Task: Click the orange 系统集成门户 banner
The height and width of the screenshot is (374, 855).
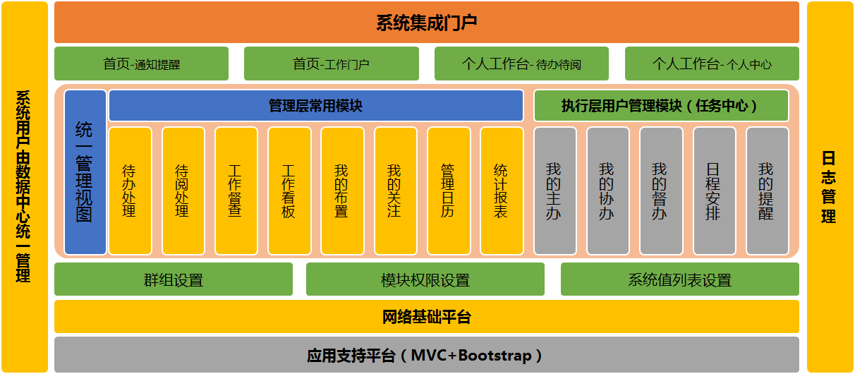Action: click(x=426, y=22)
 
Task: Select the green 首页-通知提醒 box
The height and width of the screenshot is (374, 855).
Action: click(x=141, y=64)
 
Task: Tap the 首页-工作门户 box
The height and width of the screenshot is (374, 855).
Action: click(x=332, y=64)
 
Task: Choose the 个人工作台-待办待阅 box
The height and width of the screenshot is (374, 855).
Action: click(x=521, y=64)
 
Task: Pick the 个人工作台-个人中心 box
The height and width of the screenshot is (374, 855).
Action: click(x=712, y=64)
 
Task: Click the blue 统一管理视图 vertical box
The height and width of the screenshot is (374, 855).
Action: click(x=85, y=172)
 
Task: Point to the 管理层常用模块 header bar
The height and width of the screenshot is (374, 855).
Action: click(x=315, y=105)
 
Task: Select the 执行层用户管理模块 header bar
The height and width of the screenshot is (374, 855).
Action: click(x=661, y=105)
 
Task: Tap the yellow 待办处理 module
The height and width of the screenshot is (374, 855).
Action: click(x=130, y=191)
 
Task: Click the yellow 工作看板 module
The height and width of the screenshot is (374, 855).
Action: click(x=289, y=191)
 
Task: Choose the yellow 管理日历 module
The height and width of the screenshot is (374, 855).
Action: click(x=448, y=191)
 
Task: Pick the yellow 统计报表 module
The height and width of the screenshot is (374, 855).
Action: click(x=501, y=191)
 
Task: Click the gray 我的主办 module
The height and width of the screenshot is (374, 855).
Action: click(x=554, y=191)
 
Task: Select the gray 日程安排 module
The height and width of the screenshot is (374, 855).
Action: click(x=714, y=191)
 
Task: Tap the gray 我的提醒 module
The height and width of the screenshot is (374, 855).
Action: click(x=767, y=191)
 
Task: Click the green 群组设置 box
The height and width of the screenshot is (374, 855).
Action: click(x=174, y=279)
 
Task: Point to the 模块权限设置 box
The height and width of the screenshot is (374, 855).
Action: click(x=425, y=279)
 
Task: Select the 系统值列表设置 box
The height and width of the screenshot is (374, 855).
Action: click(x=680, y=279)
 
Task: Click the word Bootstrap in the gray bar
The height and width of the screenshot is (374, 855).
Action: click(x=495, y=356)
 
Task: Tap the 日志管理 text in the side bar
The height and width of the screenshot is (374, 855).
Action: click(x=829, y=187)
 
